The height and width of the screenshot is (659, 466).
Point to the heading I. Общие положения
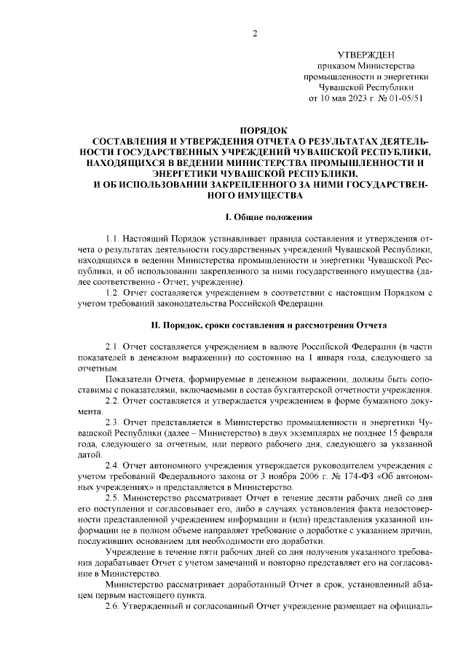269,216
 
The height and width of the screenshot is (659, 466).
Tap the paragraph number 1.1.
114,239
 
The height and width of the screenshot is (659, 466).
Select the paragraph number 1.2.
114,292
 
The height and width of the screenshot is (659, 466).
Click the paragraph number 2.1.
114,346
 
